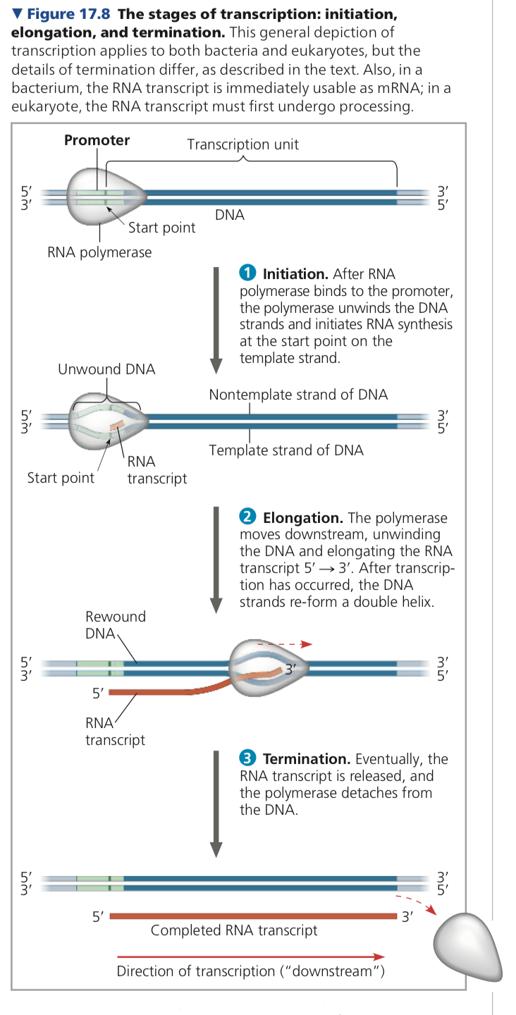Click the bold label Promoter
pos(97,140)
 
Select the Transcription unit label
pos(242,144)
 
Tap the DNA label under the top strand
pos(230,215)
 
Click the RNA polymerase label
pos(99,252)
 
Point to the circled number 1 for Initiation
pos(247,273)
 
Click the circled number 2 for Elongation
pos(247,518)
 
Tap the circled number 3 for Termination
pos(247,759)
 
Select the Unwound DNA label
pos(106,369)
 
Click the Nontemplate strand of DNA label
pos(298,395)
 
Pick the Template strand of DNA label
pos(286,450)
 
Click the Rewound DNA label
pos(115,625)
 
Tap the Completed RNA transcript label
pos(234,930)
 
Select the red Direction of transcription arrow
pos(250,956)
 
